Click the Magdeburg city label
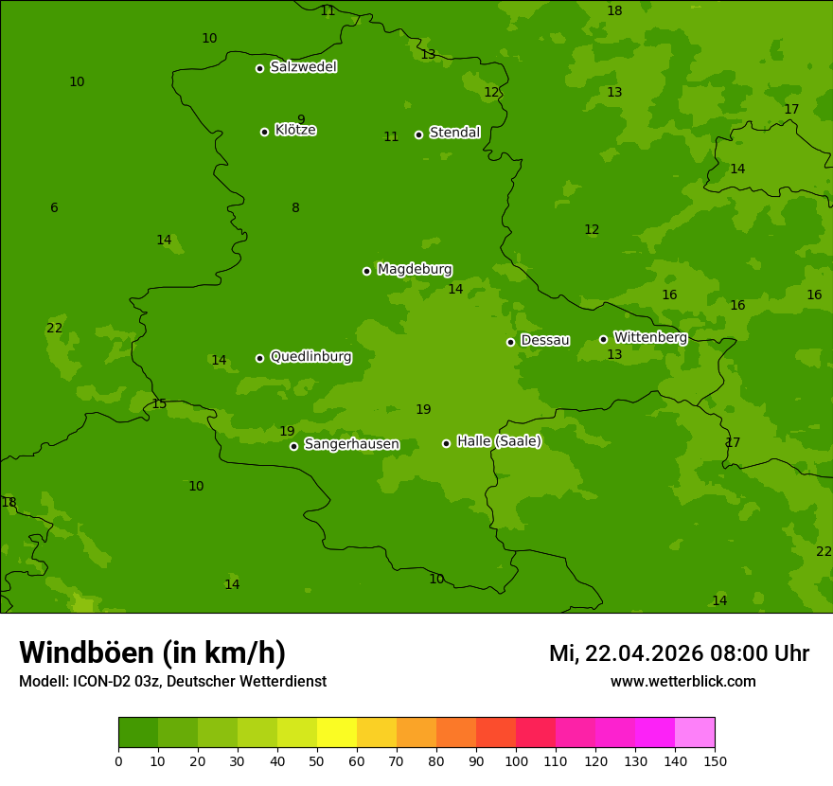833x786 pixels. coord(415,270)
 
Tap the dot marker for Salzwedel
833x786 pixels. coord(259,68)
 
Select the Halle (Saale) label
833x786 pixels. coord(499,441)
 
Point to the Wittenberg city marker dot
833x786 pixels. coord(603,339)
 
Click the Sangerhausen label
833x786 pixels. coord(351,444)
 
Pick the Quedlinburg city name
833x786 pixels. coord(310,357)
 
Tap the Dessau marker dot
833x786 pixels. coord(510,342)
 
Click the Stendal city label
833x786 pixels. coord(454,133)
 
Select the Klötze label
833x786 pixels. coord(295,130)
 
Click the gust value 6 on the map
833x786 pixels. coord(54,208)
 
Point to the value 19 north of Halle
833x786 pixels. coord(423,410)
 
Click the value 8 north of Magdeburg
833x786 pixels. coord(295,208)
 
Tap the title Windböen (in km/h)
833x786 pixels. coord(152,653)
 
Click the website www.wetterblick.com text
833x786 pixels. coord(682,682)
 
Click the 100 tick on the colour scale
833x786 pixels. coord(516,760)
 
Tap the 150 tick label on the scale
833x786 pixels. coord(715,760)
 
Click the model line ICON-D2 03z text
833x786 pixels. coord(172,682)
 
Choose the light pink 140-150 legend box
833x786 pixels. coord(695,733)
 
